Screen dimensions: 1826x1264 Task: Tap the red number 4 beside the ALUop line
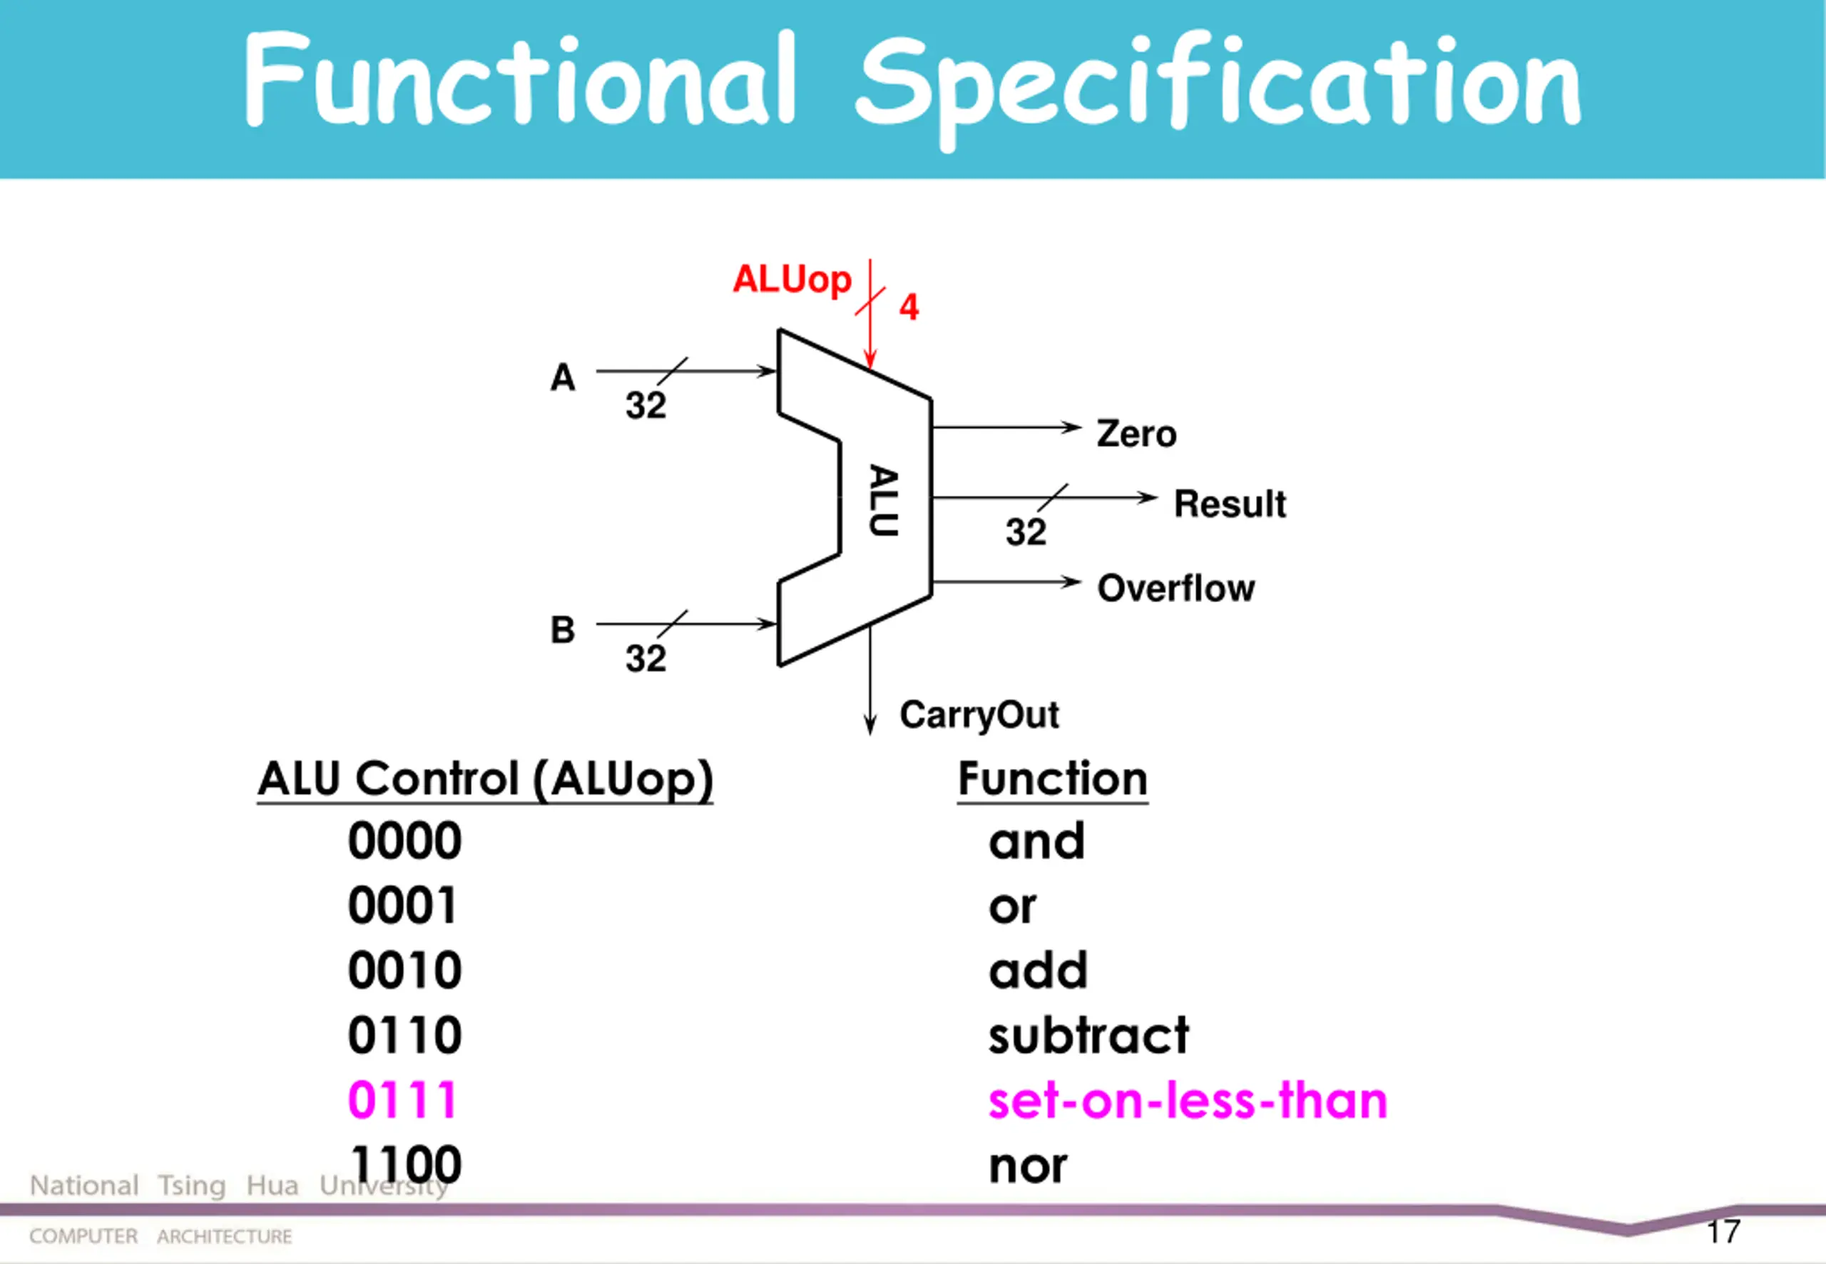909,307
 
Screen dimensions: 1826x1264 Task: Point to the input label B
562,630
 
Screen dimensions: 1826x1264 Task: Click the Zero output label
1136,434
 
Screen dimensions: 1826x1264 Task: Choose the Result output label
1230,504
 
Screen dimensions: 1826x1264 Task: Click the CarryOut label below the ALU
979,715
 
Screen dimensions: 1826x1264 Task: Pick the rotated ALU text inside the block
884,501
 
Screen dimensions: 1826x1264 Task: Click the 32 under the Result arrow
1026,531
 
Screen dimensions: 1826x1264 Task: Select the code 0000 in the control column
404,840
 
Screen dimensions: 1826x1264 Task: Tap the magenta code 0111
403,1100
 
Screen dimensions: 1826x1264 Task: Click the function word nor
1028,1166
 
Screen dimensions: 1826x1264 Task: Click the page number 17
1723,1231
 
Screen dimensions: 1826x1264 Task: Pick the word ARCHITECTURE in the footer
224,1236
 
